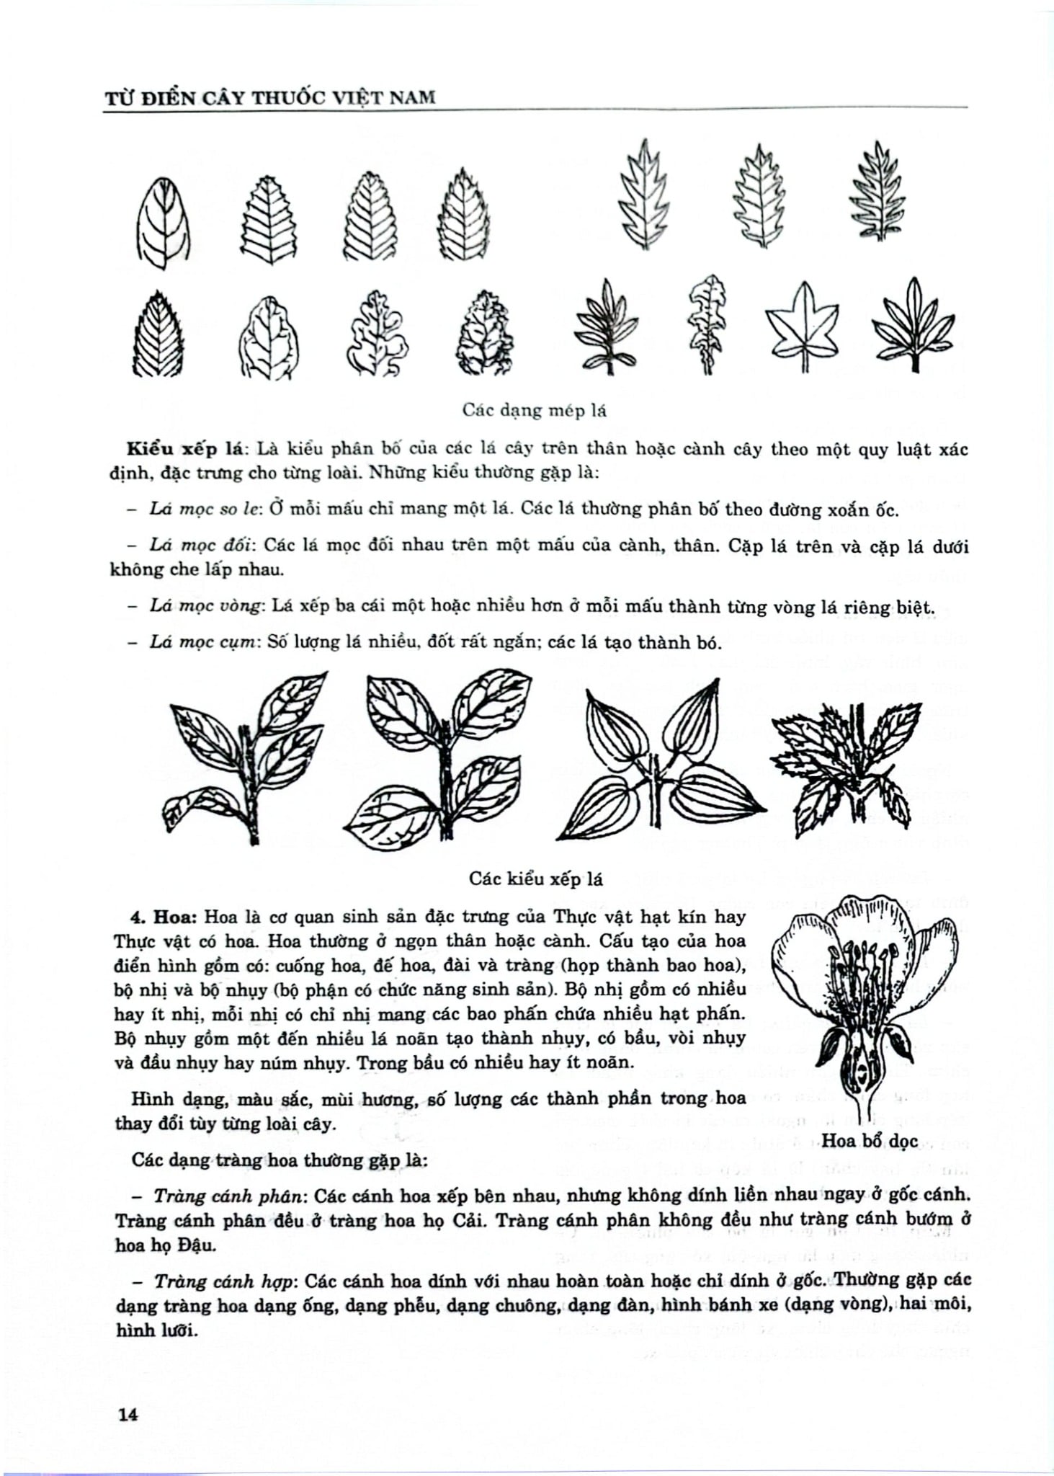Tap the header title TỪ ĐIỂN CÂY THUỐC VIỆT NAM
point(270,97)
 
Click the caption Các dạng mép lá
point(534,410)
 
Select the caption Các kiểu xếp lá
point(535,879)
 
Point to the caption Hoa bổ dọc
point(869,1140)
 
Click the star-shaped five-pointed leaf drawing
point(802,326)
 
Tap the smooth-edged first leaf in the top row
point(163,223)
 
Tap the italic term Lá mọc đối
point(203,545)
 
